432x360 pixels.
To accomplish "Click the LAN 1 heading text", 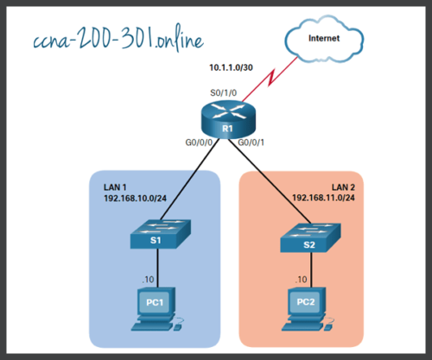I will tap(115, 186).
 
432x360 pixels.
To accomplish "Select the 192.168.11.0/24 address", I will tap(324, 198).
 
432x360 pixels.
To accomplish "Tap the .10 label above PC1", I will tap(148, 280).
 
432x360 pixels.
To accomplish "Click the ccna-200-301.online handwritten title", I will tap(112, 41).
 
